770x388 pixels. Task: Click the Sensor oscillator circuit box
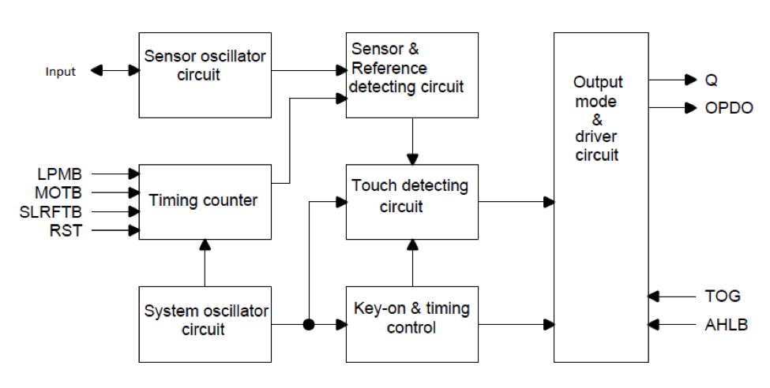(x=204, y=75)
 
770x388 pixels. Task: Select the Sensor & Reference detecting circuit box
(x=411, y=75)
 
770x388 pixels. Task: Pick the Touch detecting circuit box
(x=411, y=201)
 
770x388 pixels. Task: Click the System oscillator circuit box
(x=204, y=324)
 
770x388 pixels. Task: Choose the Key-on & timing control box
(x=411, y=324)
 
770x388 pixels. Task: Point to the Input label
(x=61, y=72)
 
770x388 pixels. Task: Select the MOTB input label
(x=58, y=191)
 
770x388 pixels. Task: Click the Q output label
(x=712, y=80)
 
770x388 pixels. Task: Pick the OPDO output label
(x=729, y=107)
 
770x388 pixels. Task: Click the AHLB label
(x=726, y=324)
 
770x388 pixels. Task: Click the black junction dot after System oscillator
(x=309, y=324)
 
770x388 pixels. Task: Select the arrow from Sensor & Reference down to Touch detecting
(x=411, y=141)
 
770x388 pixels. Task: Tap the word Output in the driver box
(x=597, y=83)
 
